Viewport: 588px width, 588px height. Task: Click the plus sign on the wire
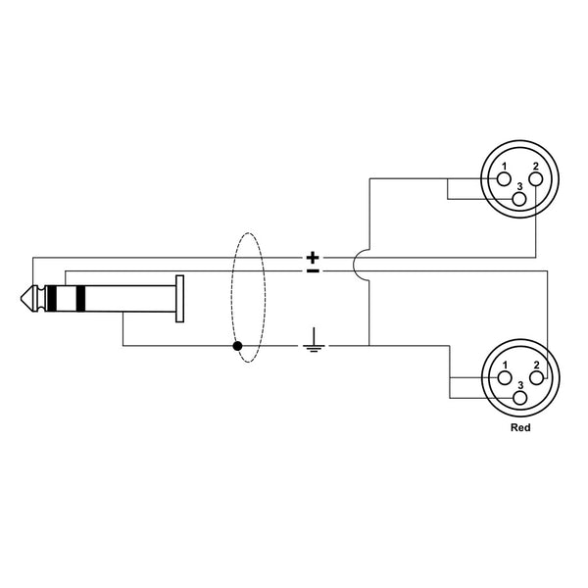coord(313,259)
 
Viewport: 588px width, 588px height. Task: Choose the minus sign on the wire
coord(313,270)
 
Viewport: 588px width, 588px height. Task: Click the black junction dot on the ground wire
coord(236,346)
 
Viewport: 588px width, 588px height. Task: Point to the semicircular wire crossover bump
coord(363,265)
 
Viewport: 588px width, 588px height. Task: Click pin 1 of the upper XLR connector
coord(503,179)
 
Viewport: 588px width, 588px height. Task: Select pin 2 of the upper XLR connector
coord(535,179)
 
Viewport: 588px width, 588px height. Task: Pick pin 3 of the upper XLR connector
coord(518,198)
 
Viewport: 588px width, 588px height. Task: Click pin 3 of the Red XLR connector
coord(518,397)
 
